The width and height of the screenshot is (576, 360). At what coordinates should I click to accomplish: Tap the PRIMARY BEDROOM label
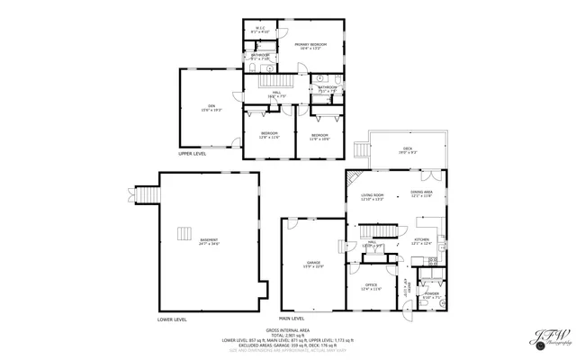click(311, 45)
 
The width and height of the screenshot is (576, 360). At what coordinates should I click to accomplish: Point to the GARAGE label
click(312, 265)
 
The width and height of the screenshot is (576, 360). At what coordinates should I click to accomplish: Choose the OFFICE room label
click(371, 287)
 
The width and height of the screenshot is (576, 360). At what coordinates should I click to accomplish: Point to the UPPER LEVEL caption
click(192, 154)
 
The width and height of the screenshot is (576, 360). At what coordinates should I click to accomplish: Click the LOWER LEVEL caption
click(172, 319)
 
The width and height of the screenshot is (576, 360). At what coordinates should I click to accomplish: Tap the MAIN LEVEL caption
click(292, 319)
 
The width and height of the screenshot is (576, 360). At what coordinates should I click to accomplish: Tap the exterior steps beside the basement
click(147, 195)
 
